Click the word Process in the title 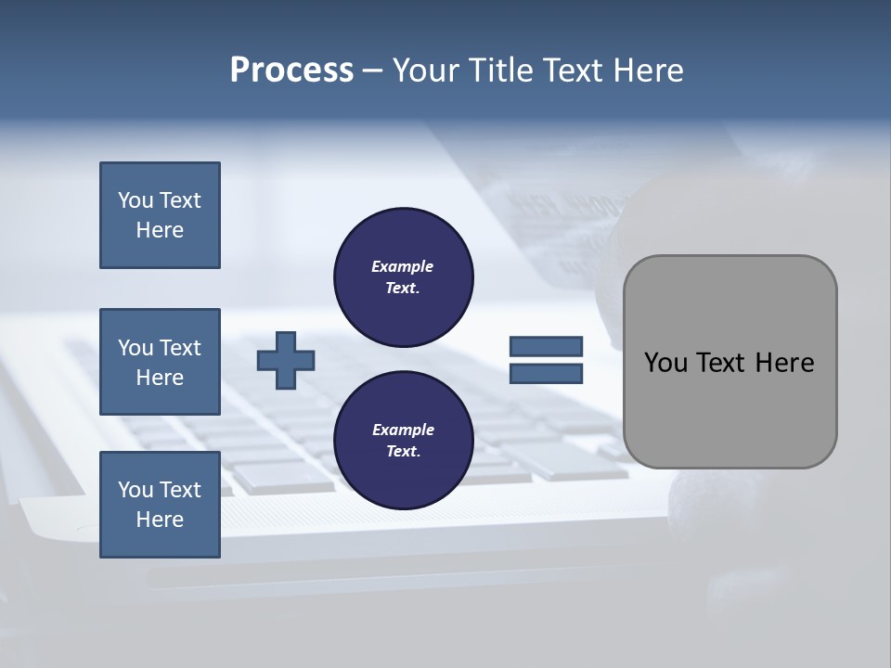[x=291, y=71]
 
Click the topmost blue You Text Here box [x=160, y=215]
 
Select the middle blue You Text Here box [x=160, y=362]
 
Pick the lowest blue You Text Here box [x=160, y=505]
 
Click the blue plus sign [x=286, y=360]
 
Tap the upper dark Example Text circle [x=404, y=276]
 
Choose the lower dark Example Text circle [x=404, y=440]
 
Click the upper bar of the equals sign [x=546, y=347]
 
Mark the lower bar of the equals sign [x=546, y=374]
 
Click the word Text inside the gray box [x=723, y=363]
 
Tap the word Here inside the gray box [x=784, y=363]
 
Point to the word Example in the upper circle [x=403, y=266]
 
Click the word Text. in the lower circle [x=403, y=452]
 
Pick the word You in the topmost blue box [x=136, y=200]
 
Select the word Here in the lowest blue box [x=160, y=520]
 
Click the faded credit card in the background [x=548, y=213]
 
